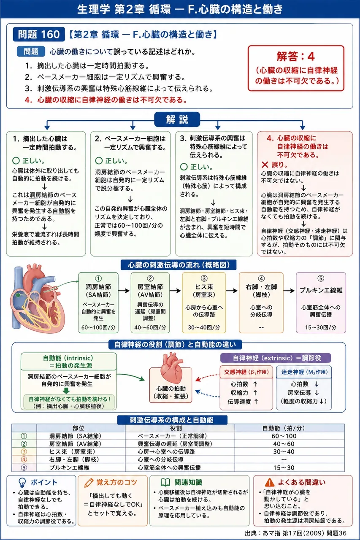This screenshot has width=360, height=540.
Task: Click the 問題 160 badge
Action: coord(39,34)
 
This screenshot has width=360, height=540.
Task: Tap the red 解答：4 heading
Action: coord(295,57)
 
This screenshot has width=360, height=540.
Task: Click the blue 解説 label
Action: coord(177,119)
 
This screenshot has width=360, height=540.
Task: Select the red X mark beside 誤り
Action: coord(265,165)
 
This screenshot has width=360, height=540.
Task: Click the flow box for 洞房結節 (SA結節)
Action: coord(98,302)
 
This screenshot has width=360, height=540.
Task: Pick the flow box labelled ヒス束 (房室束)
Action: coord(204,302)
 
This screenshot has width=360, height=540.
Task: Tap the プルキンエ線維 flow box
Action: coord(321,302)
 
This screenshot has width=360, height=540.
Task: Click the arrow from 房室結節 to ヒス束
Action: coord(175,291)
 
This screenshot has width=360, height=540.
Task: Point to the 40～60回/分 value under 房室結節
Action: coord(150,327)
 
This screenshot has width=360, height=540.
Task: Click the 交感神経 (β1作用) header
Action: coord(246,372)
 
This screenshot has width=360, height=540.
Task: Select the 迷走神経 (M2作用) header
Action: coord(304,372)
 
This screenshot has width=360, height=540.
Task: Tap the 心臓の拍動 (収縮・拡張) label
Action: coord(171,392)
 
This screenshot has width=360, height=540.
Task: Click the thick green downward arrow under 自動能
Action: coord(66,390)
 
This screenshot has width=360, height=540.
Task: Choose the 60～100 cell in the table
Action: coord(284,436)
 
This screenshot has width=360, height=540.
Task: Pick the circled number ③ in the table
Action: coord(24,451)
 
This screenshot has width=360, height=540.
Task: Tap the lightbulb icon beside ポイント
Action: coord(22,482)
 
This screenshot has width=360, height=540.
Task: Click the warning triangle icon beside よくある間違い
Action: coord(269,482)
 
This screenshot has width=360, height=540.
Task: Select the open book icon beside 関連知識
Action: coord(165,482)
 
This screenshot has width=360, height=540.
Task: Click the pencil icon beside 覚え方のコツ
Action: coord(89,483)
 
